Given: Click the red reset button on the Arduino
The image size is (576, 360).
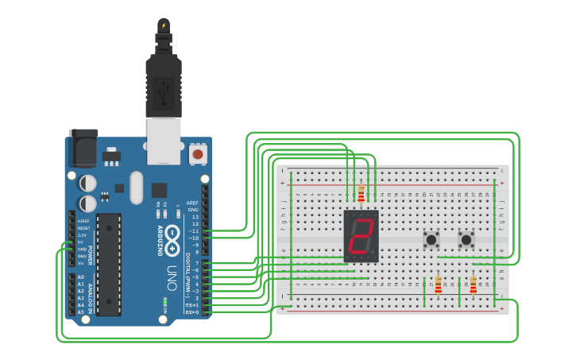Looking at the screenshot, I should pyautogui.click(x=198, y=153).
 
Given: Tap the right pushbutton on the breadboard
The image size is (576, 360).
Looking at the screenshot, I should pyautogui.click(x=466, y=238).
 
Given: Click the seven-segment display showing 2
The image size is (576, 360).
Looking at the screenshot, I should pyautogui.click(x=361, y=237).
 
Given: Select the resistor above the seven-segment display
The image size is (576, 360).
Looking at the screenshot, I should pyautogui.click(x=361, y=193).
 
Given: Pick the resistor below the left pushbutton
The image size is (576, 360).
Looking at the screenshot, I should pyautogui.click(x=438, y=285).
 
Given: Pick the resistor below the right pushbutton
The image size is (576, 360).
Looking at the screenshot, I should pyautogui.click(x=473, y=285).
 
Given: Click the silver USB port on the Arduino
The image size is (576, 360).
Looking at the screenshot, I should pyautogui.click(x=164, y=140).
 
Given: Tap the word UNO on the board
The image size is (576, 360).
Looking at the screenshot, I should pyautogui.click(x=172, y=277).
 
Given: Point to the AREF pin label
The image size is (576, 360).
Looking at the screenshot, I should pyautogui.click(x=192, y=203).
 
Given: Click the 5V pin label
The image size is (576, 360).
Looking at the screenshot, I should pyautogui.click(x=82, y=242).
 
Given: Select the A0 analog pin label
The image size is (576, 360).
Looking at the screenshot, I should pyautogui.click(x=80, y=277).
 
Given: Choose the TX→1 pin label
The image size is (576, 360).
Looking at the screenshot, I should pyautogui.click(x=192, y=305).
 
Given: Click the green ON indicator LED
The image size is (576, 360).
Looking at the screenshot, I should pyautogui.click(x=164, y=301).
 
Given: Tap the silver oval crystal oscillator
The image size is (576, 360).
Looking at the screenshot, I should pyautogui.click(x=137, y=188).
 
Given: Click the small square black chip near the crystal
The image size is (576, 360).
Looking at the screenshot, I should pyautogui.click(x=159, y=190).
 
